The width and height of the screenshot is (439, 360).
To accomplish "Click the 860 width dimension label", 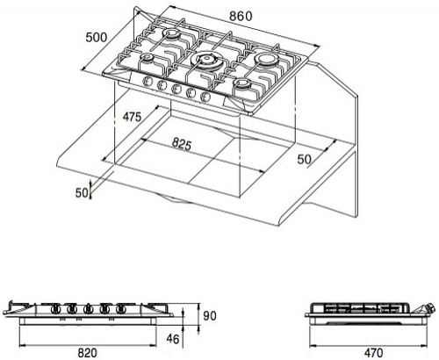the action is pos(241,17).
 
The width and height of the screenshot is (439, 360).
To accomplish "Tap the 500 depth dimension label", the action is pos(97,38).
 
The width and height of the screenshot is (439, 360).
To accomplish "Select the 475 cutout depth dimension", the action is pos(132,117).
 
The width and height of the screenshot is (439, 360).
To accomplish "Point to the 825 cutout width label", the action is pos(182,144).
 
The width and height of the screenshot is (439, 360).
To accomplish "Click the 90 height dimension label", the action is pos(210,316).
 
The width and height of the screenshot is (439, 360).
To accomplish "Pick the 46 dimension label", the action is pos(172,339).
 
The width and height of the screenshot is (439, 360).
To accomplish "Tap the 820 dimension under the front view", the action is pos(87,353).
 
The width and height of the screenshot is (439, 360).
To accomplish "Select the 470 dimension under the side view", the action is pos(373,353).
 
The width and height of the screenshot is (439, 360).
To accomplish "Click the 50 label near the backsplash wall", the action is pos(304,160).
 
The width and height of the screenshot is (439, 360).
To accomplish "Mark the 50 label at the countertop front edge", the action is pos(82,193).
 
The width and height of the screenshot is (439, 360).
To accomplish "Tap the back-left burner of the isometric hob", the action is pos(172,34).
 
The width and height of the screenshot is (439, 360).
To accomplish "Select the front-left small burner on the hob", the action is pos(146,58).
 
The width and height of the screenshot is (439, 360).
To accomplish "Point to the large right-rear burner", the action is pos(266,60).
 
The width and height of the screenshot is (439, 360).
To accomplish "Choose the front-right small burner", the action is pos(243,84).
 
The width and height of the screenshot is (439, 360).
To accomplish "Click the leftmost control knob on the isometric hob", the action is pos(148,82).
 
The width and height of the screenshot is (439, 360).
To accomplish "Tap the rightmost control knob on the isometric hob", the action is pos(205,97).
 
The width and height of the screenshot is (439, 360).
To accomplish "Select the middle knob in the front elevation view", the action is pos(87,309).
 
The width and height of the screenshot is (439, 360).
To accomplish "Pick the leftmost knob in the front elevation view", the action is pos(54,309).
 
